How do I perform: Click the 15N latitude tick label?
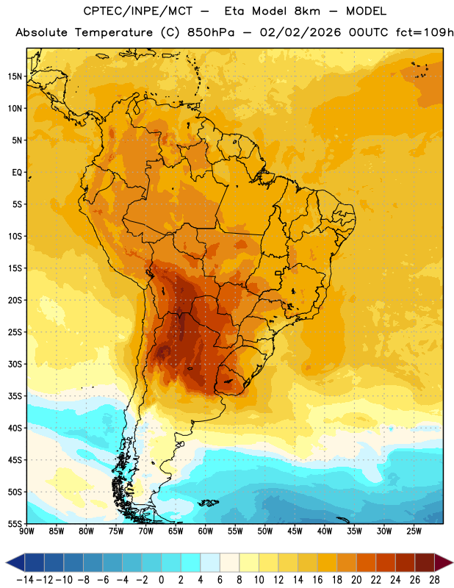pos(15,76)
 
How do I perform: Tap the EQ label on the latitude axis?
pos(17,173)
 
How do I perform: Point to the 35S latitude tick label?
pos(15,396)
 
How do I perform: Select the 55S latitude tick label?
pos(15,523)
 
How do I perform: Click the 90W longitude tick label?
pos(26,531)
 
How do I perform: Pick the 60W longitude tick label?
pos(206,531)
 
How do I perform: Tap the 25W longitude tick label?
pos(414,531)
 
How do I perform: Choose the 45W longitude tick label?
pos(295,531)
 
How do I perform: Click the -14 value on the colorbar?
pos(25,580)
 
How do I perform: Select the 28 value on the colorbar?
pos(434,580)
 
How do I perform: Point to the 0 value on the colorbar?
pos(161,580)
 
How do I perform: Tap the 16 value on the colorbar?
pos(317,580)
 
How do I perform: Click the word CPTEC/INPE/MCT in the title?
pos(137,11)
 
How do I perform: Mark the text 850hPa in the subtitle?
pos(211,32)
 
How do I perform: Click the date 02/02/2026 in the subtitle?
pos(300,32)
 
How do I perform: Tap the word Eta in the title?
pos(235,11)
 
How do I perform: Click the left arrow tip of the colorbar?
pos(7,563)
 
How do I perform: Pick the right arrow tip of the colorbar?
pos(453,563)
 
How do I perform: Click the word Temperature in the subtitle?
pos(114,32)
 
